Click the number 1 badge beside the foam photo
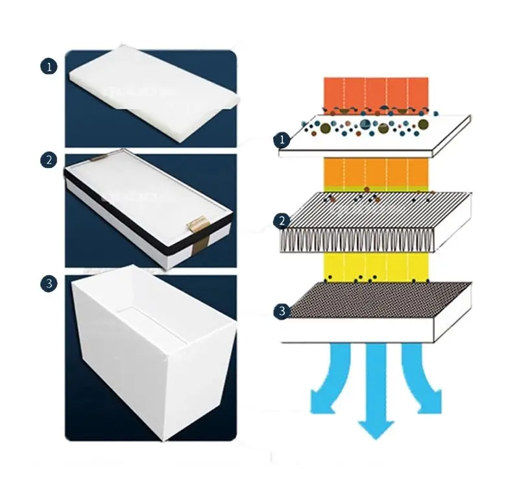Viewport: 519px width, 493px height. [x=49, y=66]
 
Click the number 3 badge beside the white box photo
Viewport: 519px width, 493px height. [x=49, y=283]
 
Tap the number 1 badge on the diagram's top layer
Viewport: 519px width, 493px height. [x=281, y=139]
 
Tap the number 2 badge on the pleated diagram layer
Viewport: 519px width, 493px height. [x=281, y=221]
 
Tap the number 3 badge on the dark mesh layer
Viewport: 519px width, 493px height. [x=281, y=311]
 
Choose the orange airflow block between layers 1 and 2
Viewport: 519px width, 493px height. [x=376, y=173]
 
